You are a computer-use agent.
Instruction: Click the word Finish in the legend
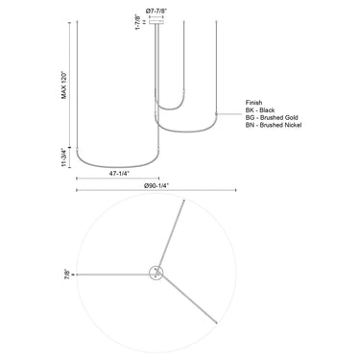(254, 100)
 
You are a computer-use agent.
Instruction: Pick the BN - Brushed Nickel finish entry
(277, 126)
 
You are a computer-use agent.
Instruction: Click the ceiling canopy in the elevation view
(156, 25)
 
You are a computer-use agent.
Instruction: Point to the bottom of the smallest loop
(172, 108)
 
